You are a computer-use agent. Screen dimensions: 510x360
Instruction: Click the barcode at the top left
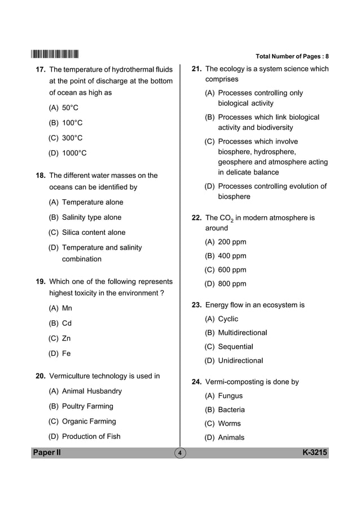[x=55, y=55]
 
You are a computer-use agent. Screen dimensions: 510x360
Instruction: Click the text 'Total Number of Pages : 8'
[x=292, y=56]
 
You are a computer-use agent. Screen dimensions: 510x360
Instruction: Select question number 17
[x=40, y=70]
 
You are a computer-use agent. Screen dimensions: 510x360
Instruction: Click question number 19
[x=40, y=281]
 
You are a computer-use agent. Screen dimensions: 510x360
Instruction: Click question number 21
[x=197, y=69]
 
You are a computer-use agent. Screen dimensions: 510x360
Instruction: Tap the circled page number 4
[x=179, y=454]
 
